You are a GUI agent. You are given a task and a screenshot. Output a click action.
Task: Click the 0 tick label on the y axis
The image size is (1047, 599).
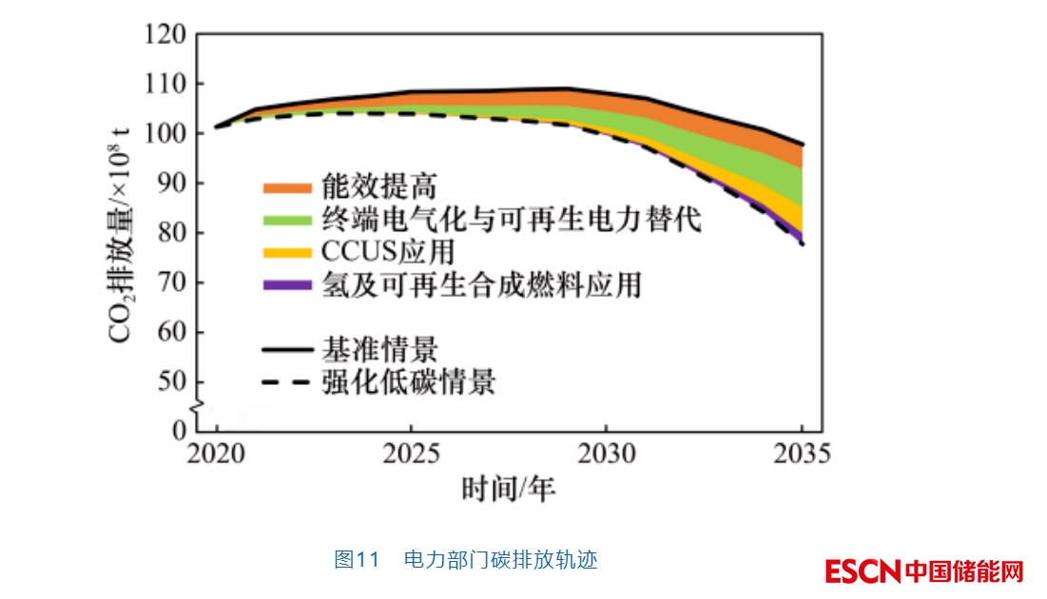(x=179, y=431)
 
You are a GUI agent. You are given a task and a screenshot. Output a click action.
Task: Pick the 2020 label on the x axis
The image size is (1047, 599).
(x=216, y=454)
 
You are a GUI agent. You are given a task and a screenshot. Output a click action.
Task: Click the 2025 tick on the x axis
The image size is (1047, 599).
(x=411, y=454)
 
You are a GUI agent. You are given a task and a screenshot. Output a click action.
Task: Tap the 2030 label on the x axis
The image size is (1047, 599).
(x=607, y=454)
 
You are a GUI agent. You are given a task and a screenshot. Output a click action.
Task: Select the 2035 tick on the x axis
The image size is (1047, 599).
(x=802, y=454)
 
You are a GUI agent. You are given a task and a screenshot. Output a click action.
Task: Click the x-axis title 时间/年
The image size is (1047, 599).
(x=509, y=489)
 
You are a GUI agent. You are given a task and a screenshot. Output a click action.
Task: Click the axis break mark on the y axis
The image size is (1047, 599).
(x=197, y=408)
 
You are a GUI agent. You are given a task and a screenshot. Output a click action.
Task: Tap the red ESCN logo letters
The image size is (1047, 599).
(x=863, y=571)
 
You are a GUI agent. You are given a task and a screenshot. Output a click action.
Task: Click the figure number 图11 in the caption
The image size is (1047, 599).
(x=357, y=559)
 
